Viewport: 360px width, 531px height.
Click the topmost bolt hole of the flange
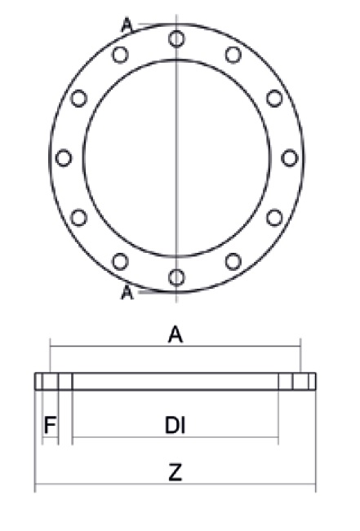coord(176,38)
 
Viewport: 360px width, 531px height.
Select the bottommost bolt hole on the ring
coord(176,277)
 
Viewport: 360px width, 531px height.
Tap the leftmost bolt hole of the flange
coord(64,157)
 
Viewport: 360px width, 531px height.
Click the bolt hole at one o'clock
coord(233,54)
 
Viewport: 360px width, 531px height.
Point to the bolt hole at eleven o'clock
coord(120,54)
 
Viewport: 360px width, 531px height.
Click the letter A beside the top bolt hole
coord(127,25)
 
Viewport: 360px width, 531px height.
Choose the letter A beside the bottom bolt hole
coord(127,292)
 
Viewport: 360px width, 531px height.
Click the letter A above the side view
coord(175,333)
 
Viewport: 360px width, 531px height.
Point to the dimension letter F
coord(49,425)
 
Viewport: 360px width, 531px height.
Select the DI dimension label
coord(175,425)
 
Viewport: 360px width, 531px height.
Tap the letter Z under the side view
coord(175,474)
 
